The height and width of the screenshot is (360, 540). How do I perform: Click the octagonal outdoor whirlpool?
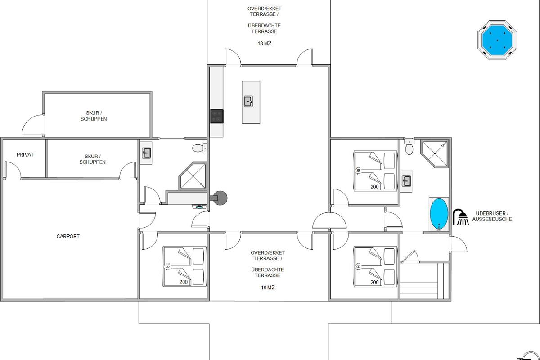pos(497,40)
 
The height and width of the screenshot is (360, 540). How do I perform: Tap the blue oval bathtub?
pos(439,214)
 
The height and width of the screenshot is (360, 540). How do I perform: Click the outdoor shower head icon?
pos(460,217)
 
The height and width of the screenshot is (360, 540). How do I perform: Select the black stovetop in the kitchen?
pos(217,116)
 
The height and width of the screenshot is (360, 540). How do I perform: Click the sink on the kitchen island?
pos(248,102)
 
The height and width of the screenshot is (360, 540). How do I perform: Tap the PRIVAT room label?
pos(25,155)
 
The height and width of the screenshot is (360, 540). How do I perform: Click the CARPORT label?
pos(68,236)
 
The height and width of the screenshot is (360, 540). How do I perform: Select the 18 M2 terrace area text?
pos(265,43)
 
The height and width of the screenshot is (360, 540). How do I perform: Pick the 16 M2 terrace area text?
pos(268,288)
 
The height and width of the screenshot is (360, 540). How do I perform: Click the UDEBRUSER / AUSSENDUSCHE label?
pos(492,216)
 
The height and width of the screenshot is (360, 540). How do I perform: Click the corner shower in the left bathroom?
pos(193,176)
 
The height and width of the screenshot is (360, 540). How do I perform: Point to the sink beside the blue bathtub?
pos(407,181)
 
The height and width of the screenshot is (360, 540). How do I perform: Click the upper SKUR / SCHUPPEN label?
pos(94,116)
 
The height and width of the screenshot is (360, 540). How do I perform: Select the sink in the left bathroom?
pos(146,153)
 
